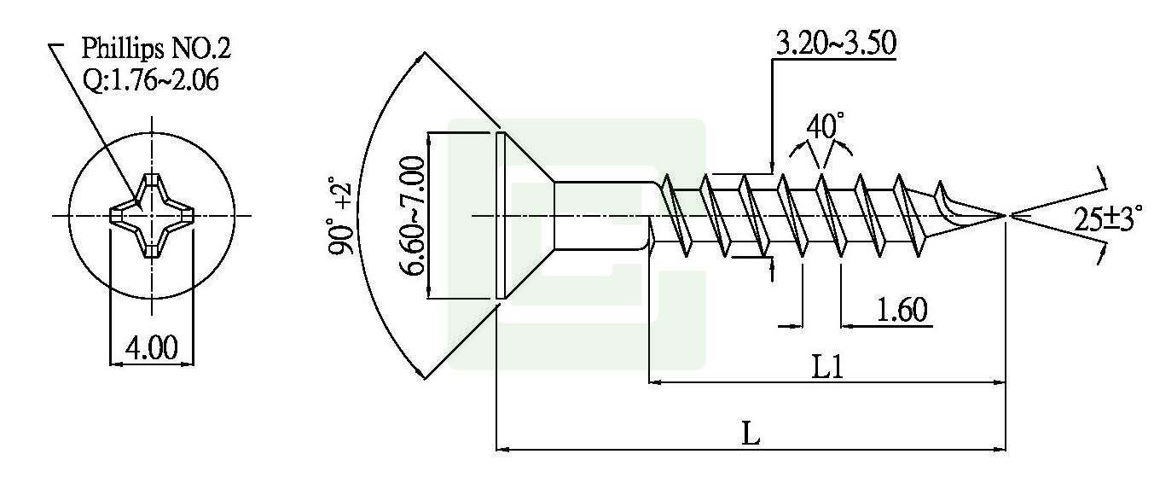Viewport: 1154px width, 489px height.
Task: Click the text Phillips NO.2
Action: point(155,49)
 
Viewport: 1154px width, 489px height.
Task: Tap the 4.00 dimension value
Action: point(152,348)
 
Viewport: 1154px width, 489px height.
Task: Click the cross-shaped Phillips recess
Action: point(152,215)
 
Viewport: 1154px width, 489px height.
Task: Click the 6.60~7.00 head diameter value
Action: point(413,215)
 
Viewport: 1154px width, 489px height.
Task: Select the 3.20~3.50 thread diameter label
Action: point(835,44)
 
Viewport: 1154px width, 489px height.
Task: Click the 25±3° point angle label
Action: point(1106,218)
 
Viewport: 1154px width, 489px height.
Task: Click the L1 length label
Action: point(828,368)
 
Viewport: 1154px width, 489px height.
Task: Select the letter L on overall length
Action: point(750,434)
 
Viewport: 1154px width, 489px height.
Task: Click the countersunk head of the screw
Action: point(525,215)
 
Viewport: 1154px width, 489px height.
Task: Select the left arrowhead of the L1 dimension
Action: point(656,382)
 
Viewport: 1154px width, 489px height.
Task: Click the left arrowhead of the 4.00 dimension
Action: point(117,364)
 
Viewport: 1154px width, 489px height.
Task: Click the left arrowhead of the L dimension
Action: point(502,448)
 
